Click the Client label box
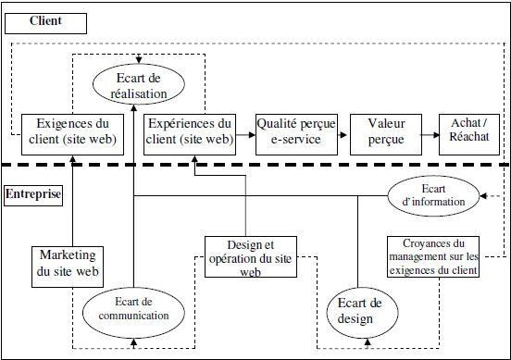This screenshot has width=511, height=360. coord(45,19)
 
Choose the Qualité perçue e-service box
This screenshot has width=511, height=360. coord(294,133)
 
